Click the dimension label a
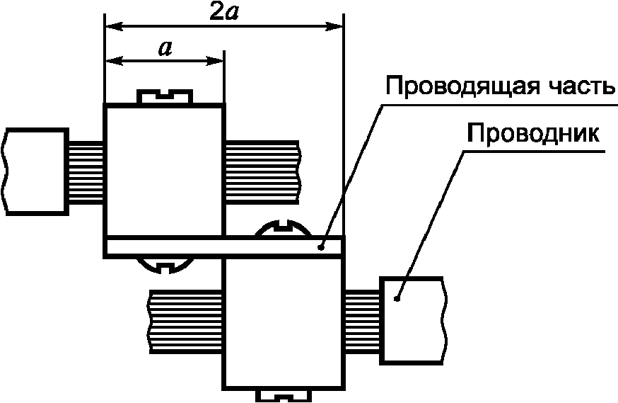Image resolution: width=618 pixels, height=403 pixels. click(165, 49)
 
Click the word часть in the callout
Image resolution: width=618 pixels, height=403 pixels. click(578, 87)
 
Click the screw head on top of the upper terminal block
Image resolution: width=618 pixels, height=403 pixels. click(164, 96)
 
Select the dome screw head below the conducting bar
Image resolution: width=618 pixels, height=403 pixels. click(164, 265)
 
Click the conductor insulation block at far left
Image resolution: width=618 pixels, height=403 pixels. click(36, 171)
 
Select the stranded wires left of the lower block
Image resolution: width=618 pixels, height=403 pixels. click(186, 320)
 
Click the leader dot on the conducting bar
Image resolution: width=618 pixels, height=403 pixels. click(321, 246)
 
